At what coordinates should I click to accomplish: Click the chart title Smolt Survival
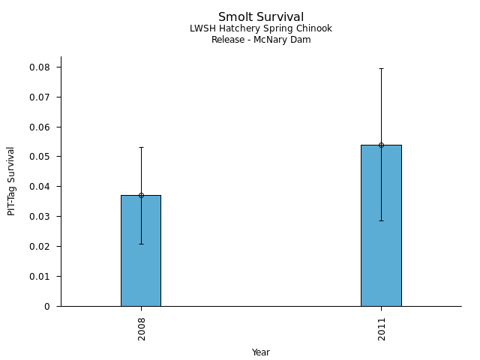tap(261, 17)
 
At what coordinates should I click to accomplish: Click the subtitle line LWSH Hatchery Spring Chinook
tap(261, 28)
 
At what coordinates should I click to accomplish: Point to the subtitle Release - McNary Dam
tap(261, 40)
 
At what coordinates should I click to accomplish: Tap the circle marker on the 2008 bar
tap(141, 195)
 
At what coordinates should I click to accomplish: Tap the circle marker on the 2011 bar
tap(381, 145)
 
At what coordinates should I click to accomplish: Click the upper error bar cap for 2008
tap(141, 147)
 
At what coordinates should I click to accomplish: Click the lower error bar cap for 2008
tap(141, 244)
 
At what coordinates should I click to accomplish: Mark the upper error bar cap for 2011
tap(381, 68)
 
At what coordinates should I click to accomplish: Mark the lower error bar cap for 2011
tap(381, 220)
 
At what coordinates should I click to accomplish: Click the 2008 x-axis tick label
tap(142, 328)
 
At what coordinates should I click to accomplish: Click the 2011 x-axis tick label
tap(382, 328)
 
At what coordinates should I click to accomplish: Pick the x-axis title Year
tap(261, 352)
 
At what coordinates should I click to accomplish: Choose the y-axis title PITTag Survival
tap(12, 181)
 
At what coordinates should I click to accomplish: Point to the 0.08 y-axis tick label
tap(40, 67)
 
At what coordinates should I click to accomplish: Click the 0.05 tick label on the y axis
tap(40, 157)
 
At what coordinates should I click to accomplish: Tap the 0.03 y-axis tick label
tap(40, 217)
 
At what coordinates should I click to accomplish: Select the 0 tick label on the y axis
tap(47, 306)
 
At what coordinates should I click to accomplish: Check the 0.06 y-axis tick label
tap(40, 127)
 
